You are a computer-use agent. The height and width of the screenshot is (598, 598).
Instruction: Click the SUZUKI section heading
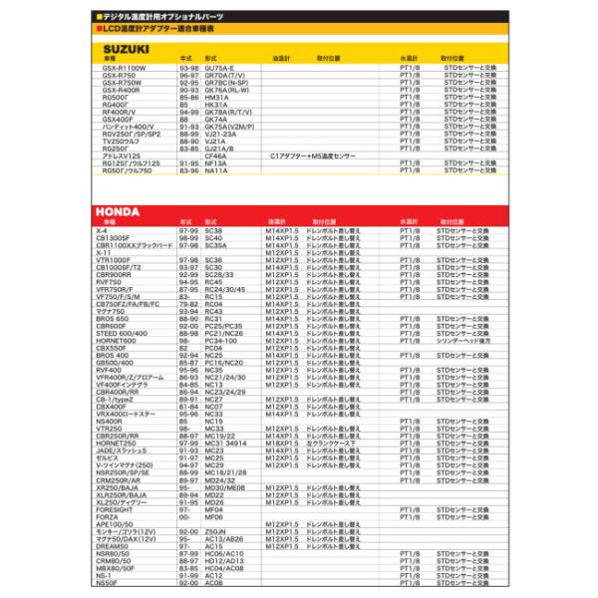pyautogui.click(x=126, y=48)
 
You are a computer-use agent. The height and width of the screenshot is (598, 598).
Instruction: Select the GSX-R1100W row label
pyautogui.click(x=124, y=67)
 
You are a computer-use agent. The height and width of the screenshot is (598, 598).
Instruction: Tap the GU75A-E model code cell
pyautogui.click(x=221, y=67)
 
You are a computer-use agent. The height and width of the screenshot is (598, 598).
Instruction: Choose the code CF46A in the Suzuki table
pyautogui.click(x=215, y=155)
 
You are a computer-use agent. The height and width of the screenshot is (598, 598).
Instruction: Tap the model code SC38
pyautogui.click(x=213, y=231)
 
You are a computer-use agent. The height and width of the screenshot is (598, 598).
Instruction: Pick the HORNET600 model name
pyautogui.click(x=116, y=340)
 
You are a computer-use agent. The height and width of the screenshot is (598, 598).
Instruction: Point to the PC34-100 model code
pyautogui.click(x=221, y=340)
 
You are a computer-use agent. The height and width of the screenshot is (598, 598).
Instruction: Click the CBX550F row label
pyautogui.click(x=112, y=347)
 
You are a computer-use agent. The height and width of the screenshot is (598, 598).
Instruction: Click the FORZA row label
pyautogui.click(x=106, y=517)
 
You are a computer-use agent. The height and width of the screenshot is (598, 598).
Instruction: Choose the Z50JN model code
pyautogui.click(x=215, y=531)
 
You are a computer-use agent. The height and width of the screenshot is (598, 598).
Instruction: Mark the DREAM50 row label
pyautogui.click(x=112, y=546)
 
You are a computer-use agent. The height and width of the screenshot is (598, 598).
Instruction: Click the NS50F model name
pyautogui.click(x=107, y=582)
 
